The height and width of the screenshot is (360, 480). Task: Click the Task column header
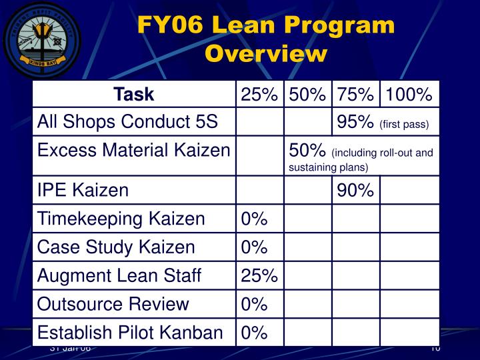133,95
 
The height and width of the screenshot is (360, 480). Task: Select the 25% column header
259,95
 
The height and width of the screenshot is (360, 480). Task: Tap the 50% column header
307,95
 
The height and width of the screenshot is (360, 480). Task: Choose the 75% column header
355,95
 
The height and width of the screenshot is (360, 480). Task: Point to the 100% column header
408,95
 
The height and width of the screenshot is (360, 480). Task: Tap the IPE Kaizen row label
83,191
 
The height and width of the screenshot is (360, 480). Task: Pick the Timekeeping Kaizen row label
121,219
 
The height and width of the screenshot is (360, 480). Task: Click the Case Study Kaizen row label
116,247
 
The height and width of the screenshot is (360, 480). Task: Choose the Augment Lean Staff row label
119,275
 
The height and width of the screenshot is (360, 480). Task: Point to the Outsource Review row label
113,304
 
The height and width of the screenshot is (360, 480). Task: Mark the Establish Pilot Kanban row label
129,332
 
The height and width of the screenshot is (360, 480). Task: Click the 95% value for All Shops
355,122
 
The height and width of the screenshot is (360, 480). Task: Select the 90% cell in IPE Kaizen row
355,191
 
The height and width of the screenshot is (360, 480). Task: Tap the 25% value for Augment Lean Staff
259,275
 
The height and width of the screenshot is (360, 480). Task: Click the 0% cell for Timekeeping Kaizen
254,219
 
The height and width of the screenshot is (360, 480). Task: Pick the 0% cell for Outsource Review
254,304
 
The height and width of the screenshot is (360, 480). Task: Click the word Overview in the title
266,53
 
